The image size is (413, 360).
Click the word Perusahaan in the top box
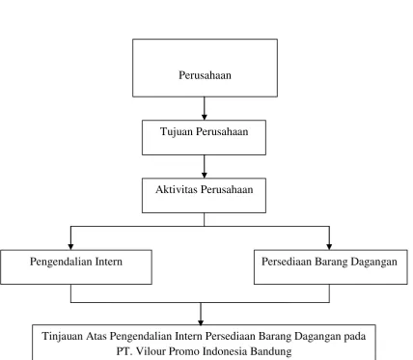coord(205,75)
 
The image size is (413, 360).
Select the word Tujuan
coord(177,132)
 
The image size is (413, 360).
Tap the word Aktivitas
coord(177,189)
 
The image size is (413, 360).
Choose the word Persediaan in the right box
coord(287,262)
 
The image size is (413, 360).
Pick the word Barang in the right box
coord(331,263)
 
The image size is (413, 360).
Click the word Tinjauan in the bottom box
coord(62,337)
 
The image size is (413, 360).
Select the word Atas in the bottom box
coord(96,336)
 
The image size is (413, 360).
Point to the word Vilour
coord(151,350)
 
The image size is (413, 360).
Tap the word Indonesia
coord(226,350)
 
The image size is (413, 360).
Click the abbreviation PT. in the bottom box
coord(124,350)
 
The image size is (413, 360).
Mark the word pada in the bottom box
coord(355,337)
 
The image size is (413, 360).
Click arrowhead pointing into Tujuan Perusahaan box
coord(205,117)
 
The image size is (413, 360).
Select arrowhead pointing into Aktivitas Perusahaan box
coord(205,175)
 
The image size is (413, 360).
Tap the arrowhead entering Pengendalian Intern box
coord(70,246)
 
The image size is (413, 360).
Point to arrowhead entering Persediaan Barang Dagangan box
coord(329,246)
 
